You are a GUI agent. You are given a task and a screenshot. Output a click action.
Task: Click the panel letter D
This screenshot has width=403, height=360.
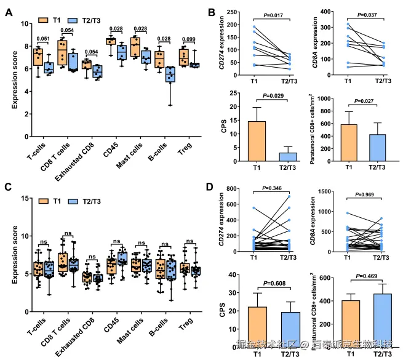[x=210, y=187]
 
